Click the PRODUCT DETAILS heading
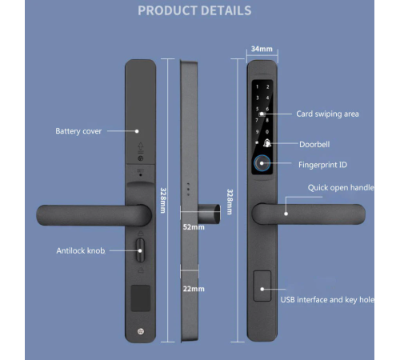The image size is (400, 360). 194,10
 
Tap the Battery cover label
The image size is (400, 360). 78,130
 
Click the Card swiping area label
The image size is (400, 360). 327,114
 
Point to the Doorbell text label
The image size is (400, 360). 314,144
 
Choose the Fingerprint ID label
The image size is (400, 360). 322,165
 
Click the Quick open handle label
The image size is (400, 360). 341,187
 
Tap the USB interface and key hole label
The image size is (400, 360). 327,299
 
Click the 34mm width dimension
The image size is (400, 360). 262,49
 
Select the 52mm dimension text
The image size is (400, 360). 193,227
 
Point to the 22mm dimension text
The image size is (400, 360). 193,289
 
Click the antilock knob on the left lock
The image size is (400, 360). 142,250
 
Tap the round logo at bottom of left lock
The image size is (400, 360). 142,331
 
